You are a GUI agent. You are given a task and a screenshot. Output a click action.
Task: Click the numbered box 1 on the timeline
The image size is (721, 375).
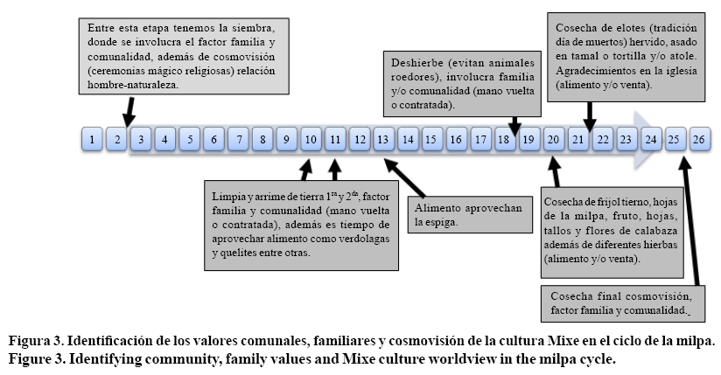click(92, 139)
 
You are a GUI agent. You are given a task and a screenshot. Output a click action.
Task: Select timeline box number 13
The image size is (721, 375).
click(383, 139)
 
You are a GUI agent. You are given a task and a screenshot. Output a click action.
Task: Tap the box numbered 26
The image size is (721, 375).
click(699, 139)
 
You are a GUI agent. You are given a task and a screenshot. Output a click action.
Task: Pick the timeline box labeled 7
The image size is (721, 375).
click(238, 139)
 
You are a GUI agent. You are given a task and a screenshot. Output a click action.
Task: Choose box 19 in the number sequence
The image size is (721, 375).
click(528, 139)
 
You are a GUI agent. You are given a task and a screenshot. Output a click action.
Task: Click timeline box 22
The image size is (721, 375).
click(602, 139)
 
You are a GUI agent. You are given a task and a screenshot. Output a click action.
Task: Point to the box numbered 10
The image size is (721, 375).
click(311, 139)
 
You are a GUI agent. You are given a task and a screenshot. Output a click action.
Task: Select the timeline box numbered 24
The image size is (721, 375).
click(650, 139)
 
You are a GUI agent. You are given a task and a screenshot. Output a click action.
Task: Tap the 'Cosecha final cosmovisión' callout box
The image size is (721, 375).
click(619, 303)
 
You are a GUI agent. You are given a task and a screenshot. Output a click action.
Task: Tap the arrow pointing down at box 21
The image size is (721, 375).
click(590, 114)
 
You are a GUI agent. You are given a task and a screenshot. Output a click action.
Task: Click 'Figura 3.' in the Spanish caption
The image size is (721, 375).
click(36, 340)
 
